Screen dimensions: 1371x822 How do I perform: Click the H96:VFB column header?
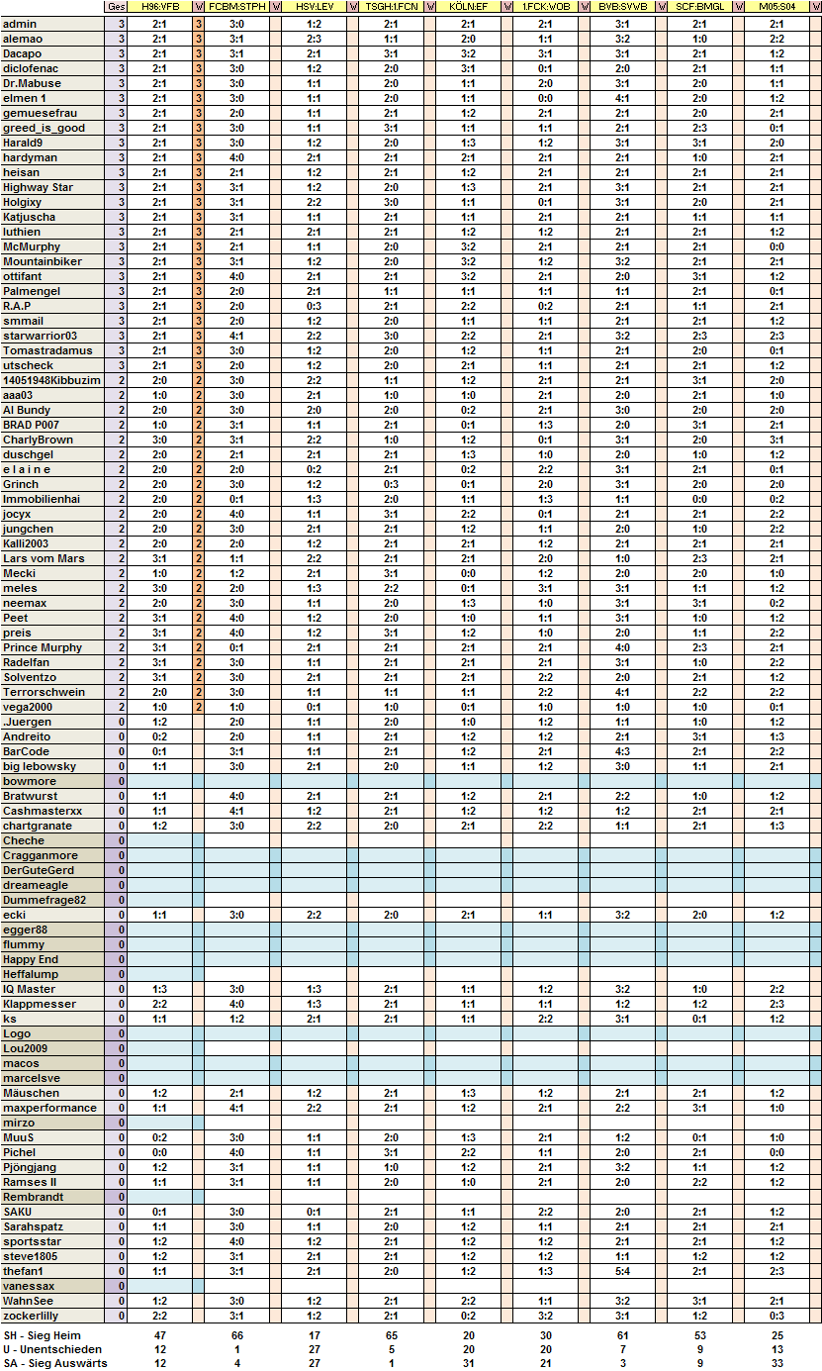(x=160, y=7)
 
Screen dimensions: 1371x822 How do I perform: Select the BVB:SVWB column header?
(x=622, y=7)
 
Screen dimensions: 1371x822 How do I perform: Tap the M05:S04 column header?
(x=776, y=7)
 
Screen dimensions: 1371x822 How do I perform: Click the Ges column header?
(x=116, y=7)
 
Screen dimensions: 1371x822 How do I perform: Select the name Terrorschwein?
(x=44, y=692)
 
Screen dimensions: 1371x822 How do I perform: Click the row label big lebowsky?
(x=40, y=766)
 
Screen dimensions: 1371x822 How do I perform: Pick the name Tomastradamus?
(x=47, y=350)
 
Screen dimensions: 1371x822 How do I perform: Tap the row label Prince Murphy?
(x=43, y=647)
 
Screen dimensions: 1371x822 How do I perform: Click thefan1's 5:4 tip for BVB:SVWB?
(x=622, y=1271)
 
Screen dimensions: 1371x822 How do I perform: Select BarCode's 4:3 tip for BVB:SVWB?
(x=622, y=751)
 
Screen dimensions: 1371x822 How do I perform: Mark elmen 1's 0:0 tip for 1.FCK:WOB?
(x=545, y=98)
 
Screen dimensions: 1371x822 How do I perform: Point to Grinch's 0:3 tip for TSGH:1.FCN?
(x=391, y=484)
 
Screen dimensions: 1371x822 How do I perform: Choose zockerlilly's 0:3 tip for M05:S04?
(x=776, y=1316)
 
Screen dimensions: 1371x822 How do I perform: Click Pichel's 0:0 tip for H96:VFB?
(x=160, y=1152)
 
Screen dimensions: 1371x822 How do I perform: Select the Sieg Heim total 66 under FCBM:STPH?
(x=237, y=1335)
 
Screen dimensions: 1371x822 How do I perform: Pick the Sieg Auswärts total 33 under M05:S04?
(x=776, y=1363)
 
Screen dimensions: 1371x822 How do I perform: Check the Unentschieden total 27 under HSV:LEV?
(x=314, y=1349)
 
